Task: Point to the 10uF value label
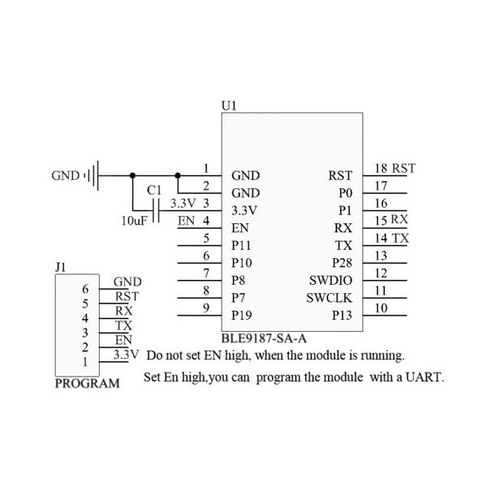133,221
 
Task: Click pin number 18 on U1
381,169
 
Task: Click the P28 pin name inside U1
342,262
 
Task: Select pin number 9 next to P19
206,308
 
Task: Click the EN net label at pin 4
186,221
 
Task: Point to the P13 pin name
342,315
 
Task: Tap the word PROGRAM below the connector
87,383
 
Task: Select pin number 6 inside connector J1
85,289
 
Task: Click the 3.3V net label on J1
127,355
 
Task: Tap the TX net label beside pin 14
401,239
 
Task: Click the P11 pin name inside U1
241,245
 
